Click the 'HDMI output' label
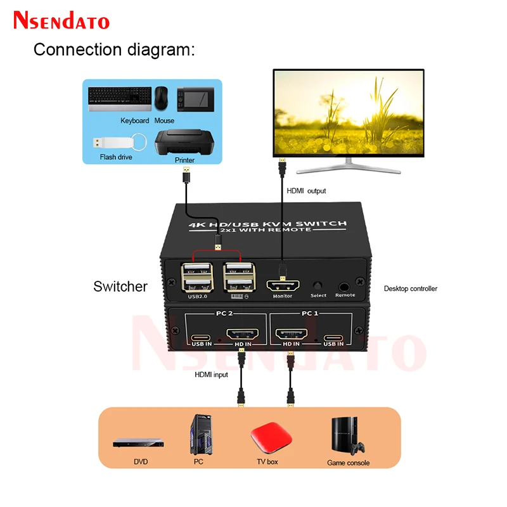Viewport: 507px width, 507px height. click(x=308, y=191)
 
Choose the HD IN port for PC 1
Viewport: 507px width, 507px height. click(x=291, y=335)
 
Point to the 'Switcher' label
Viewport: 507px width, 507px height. click(x=120, y=286)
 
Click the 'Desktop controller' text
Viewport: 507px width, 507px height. click(x=411, y=289)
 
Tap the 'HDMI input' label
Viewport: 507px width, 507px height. click(x=211, y=375)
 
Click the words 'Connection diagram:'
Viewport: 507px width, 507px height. click(x=113, y=49)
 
